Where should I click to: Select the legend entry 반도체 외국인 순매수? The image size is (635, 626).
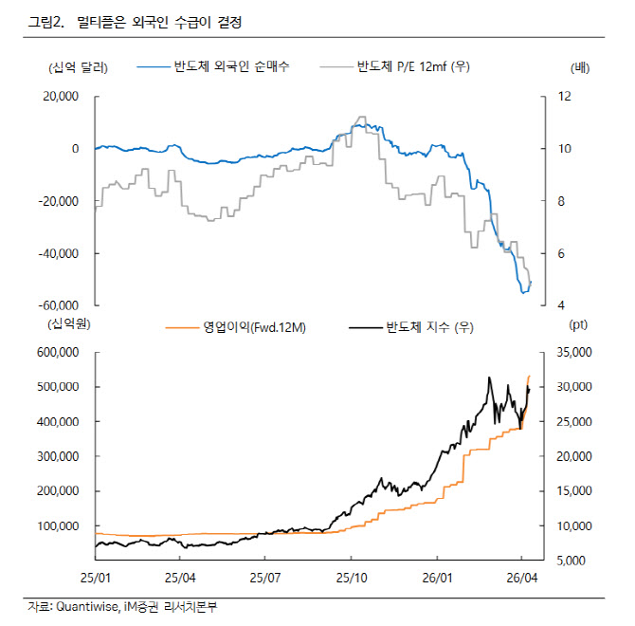click(x=231, y=67)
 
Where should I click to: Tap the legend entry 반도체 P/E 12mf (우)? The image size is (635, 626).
click(x=414, y=67)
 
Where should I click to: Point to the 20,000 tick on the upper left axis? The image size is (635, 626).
click(x=60, y=97)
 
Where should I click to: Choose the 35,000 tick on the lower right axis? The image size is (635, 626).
click(x=572, y=352)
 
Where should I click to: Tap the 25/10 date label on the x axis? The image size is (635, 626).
click(x=351, y=577)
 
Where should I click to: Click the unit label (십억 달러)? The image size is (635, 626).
click(x=77, y=67)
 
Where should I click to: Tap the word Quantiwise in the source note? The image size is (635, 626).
click(x=84, y=606)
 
